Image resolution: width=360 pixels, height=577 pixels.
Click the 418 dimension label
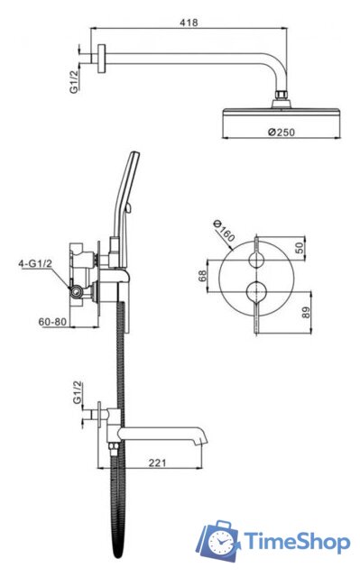(x=189, y=23)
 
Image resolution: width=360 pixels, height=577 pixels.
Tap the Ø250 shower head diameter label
(x=282, y=132)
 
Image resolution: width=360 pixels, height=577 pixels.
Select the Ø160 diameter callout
(x=224, y=231)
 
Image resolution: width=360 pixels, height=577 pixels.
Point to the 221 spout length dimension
(x=157, y=463)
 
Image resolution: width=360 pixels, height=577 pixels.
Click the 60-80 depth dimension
(x=52, y=322)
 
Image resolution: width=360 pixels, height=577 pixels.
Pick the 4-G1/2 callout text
(x=35, y=263)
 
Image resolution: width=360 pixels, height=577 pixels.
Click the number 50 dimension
(x=300, y=247)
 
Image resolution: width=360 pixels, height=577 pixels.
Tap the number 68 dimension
(x=202, y=276)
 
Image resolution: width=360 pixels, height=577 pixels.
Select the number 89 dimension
(x=306, y=313)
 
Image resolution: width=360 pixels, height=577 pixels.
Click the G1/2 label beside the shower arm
(x=75, y=81)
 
